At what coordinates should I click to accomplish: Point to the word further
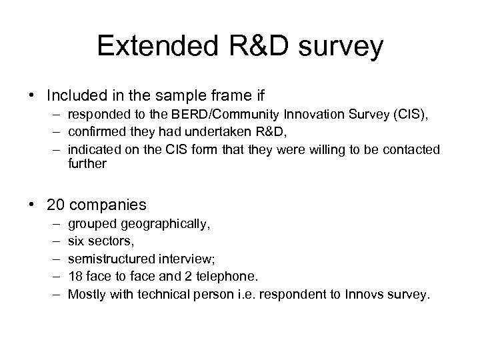(87, 163)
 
